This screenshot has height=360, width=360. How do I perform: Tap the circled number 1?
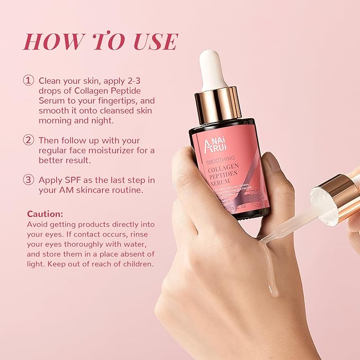pyautogui.click(x=28, y=81)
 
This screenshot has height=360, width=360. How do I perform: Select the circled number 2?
pyautogui.click(x=28, y=141)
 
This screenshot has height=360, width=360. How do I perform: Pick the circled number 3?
pyautogui.click(x=28, y=180)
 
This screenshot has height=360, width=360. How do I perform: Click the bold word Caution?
pyautogui.click(x=45, y=214)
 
